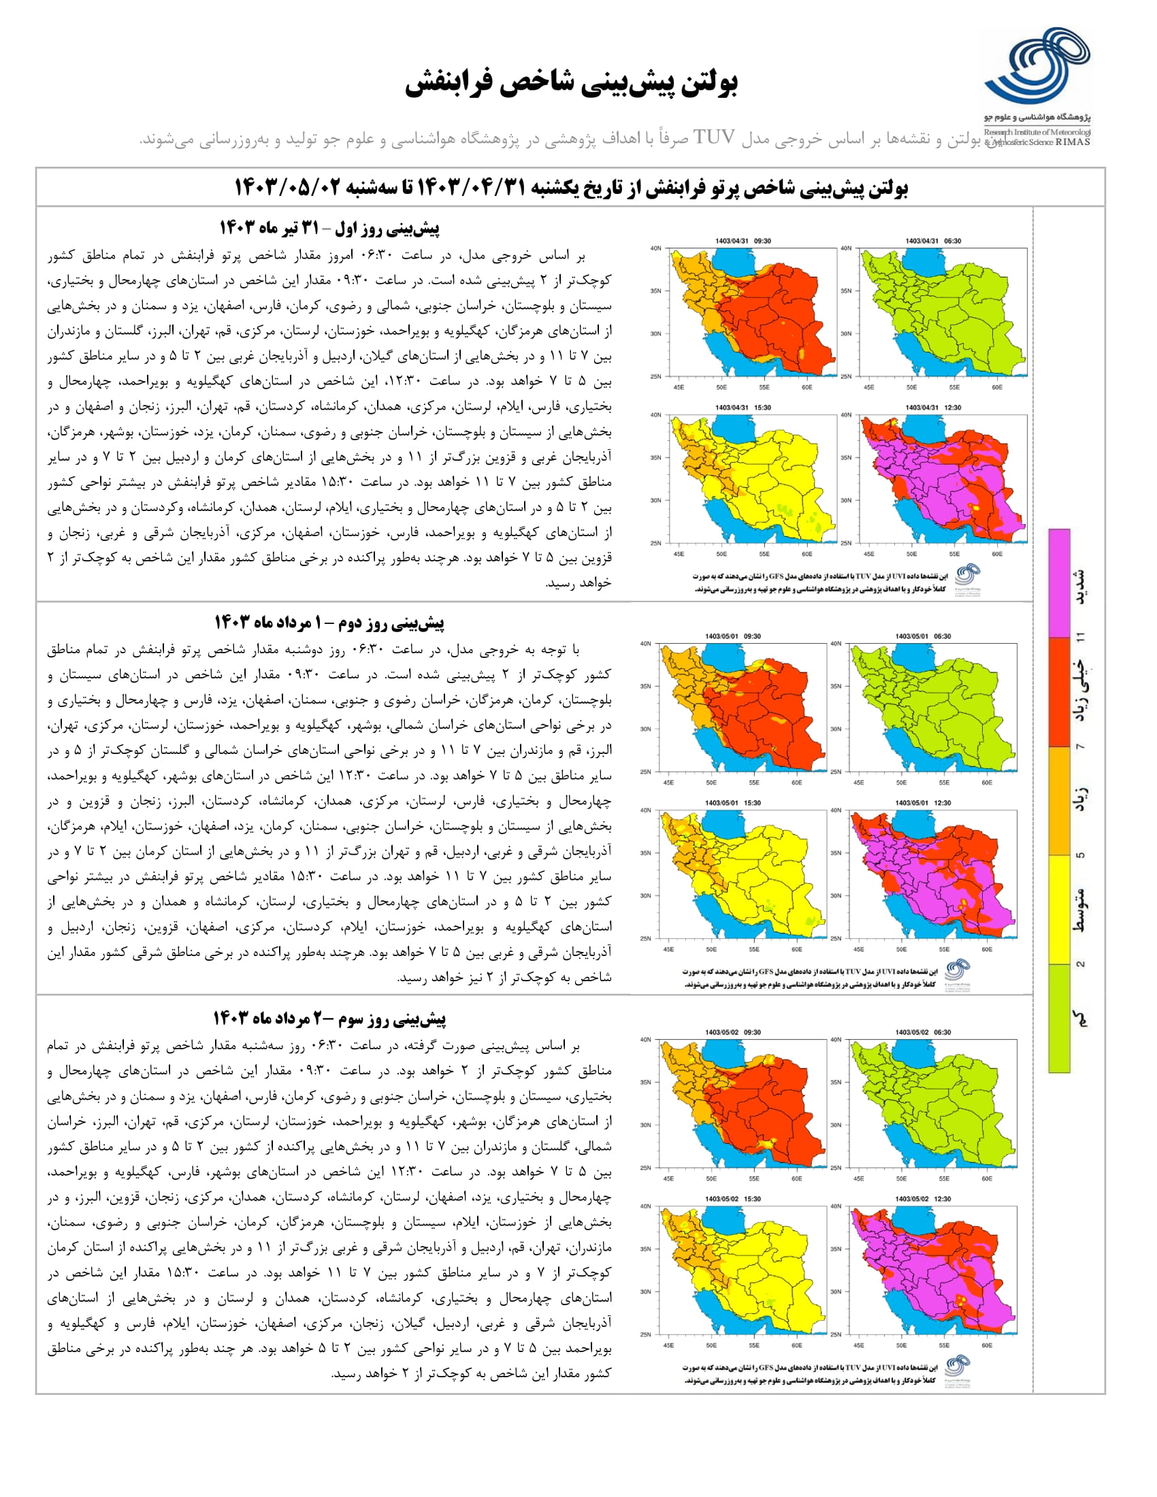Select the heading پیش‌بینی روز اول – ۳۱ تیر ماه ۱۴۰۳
pyautogui.click(x=329, y=227)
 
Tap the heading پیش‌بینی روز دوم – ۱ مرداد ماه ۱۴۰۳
pyautogui.click(x=329, y=623)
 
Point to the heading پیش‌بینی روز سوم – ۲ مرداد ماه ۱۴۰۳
pyautogui.click(x=329, y=1019)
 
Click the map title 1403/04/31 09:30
pyautogui.click(x=743, y=241)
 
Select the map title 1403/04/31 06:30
pyautogui.click(x=933, y=241)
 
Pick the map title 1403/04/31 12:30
pyautogui.click(x=933, y=407)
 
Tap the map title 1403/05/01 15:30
pyautogui.click(x=733, y=803)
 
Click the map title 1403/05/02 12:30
pyautogui.click(x=923, y=1199)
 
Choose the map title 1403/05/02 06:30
pyautogui.click(x=923, y=1032)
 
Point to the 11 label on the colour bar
pyautogui.click(x=1081, y=638)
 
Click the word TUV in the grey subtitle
pyautogui.click(x=714, y=137)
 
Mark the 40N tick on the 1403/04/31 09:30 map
pyautogui.click(x=655, y=248)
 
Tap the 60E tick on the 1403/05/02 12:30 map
pyautogui.click(x=986, y=1345)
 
